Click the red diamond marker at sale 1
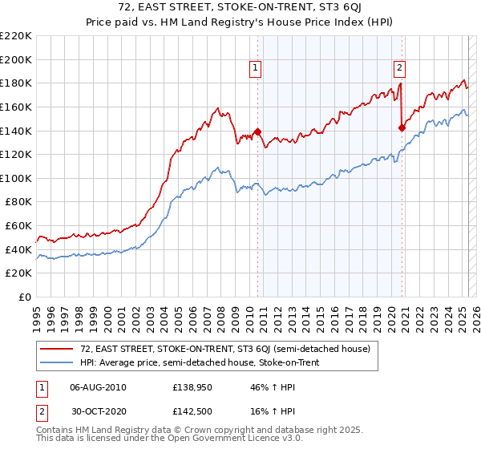click(x=257, y=132)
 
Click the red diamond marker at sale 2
click(x=402, y=127)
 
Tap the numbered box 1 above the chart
click(x=256, y=69)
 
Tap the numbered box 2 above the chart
click(x=399, y=69)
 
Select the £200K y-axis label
click(x=16, y=59)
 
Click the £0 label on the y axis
click(x=24, y=297)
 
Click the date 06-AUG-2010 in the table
click(x=98, y=387)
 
